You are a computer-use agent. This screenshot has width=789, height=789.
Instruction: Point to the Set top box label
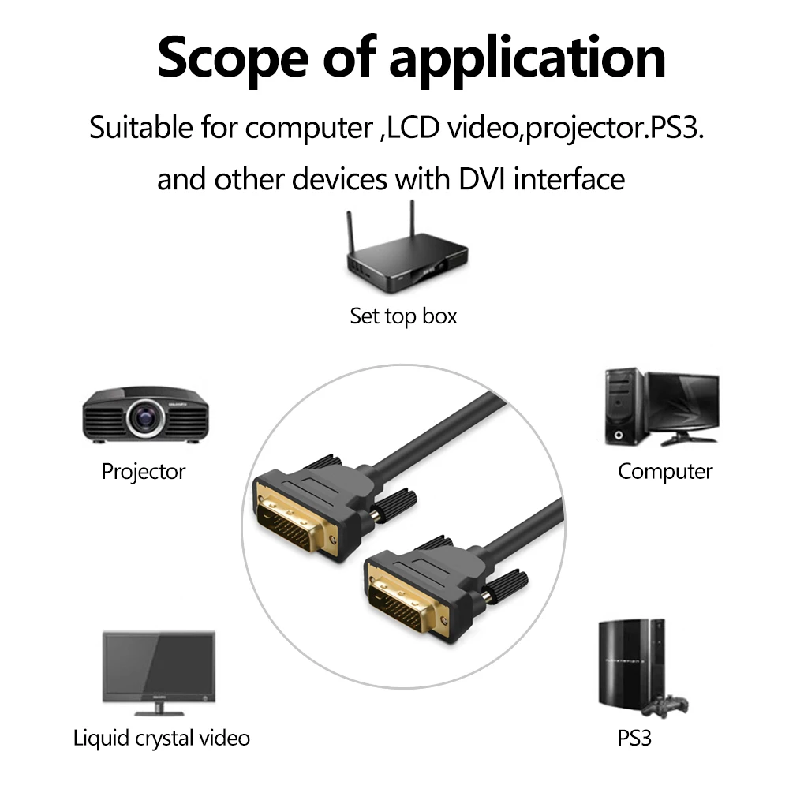pos(403,316)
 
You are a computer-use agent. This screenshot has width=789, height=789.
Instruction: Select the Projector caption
pos(143,472)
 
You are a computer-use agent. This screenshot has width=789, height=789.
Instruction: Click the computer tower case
pos(622,407)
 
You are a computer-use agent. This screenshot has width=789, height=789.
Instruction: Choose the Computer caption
pos(664,472)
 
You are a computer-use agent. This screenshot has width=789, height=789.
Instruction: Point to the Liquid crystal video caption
pos(161,739)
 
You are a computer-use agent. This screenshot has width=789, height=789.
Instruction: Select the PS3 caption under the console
pos(634,739)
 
